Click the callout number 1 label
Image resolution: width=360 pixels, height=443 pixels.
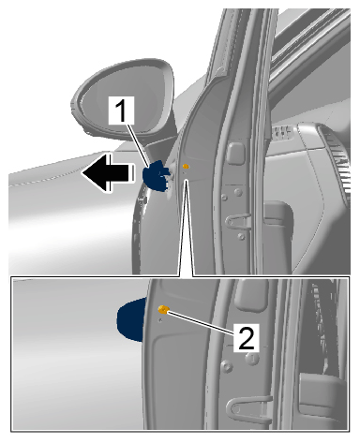121,111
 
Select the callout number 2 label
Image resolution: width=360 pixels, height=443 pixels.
247,337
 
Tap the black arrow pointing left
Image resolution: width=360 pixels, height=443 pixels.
108,172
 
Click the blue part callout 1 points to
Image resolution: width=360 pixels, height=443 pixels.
156,175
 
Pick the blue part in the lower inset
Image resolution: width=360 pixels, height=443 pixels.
131,319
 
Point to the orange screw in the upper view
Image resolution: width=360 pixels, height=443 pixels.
186,167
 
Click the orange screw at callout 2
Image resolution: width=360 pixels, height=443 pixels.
163,309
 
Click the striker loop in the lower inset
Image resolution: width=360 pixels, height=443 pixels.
247,409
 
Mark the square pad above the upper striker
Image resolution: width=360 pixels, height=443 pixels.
235,154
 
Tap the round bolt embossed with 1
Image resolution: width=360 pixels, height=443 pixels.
252,358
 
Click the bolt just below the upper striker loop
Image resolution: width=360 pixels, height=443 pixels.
241,236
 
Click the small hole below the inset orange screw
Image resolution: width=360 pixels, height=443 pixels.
160,320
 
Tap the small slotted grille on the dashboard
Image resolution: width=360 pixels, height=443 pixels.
282,133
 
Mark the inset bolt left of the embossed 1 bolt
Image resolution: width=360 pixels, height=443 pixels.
227,366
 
